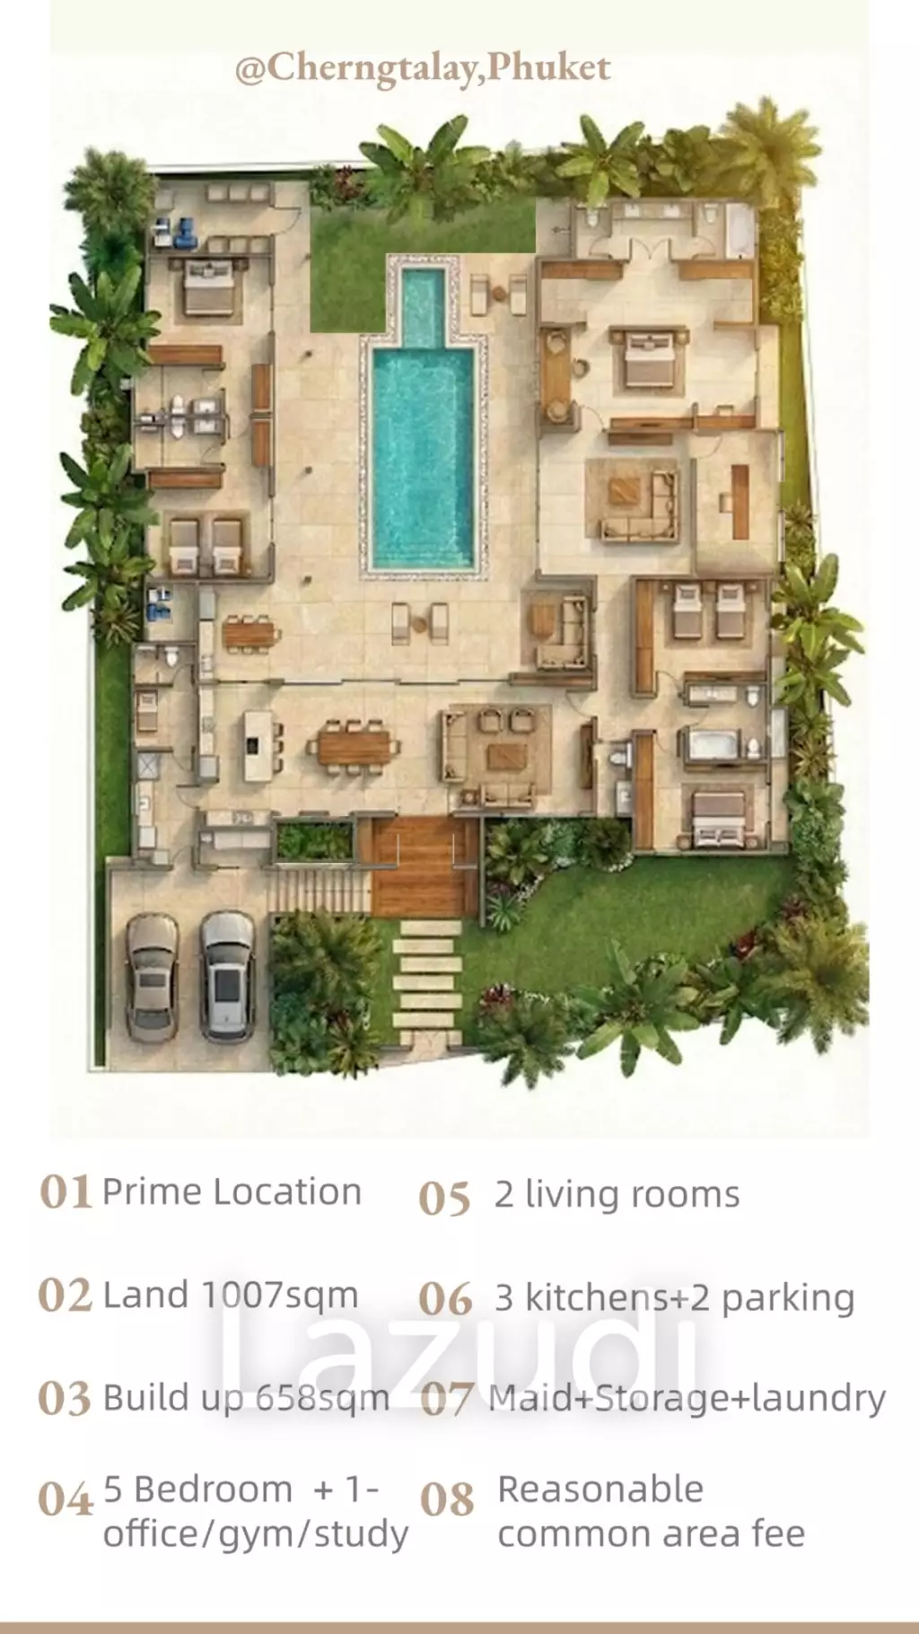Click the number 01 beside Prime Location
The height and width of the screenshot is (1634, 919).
click(66, 1193)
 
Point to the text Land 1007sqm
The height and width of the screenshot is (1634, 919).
click(231, 1296)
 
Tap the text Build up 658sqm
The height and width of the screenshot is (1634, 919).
click(247, 1398)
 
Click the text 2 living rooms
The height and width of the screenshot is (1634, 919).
click(617, 1195)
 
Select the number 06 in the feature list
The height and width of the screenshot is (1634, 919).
click(445, 1299)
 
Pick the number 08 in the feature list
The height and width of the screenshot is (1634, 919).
click(446, 1500)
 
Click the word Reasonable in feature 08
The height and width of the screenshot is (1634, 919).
click(600, 1489)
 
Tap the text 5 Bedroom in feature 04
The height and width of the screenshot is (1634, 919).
click(198, 1489)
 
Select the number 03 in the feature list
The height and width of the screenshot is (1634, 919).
click(65, 1399)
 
